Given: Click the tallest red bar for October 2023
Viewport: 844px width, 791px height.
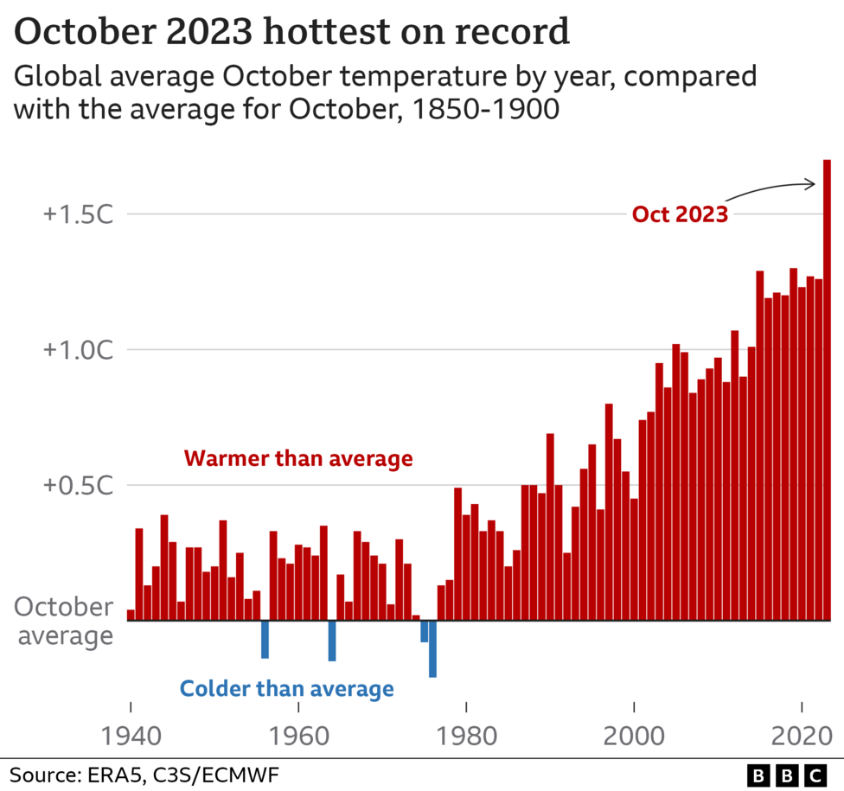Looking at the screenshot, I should click(828, 389).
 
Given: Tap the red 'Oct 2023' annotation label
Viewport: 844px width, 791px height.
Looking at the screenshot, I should click(680, 214).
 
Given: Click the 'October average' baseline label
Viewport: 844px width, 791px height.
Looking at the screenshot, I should click(65, 621).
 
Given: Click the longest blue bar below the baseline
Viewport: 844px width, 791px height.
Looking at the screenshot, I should click(432, 649).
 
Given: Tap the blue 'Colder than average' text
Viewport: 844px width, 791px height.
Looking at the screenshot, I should click(286, 689).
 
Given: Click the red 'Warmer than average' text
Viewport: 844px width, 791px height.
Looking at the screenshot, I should click(298, 459).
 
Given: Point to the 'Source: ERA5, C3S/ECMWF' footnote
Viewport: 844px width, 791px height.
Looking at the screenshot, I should click(144, 773).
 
